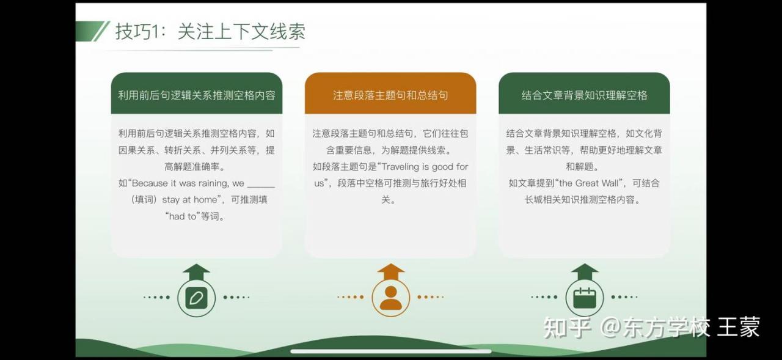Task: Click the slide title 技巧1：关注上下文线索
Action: pos(210,31)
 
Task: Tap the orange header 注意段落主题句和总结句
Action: pos(390,95)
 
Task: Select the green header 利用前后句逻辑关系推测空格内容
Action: pos(197,95)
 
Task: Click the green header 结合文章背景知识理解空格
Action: pos(585,95)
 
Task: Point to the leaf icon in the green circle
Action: pos(196,298)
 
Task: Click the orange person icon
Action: pos(390,298)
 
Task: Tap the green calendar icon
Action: pos(585,298)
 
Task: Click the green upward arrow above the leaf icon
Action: pos(196,273)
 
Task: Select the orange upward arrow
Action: pos(390,273)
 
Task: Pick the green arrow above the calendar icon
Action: pos(585,273)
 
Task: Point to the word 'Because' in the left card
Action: pos(150,183)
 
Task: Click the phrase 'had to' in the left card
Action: pos(182,216)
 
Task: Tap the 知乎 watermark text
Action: pos(568,328)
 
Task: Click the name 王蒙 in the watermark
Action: pos(739,327)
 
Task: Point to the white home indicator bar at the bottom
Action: pos(390,351)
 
